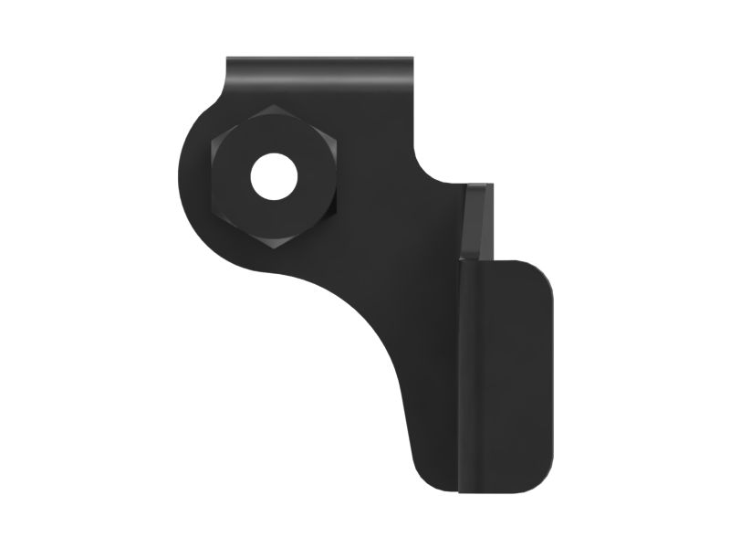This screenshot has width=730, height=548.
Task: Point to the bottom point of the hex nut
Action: [275, 248]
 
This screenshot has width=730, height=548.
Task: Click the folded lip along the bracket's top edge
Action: [319, 69]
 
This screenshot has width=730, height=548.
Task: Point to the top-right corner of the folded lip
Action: [412, 60]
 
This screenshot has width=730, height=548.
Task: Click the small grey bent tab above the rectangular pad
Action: [478, 219]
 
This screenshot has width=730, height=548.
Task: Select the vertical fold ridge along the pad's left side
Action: [462, 374]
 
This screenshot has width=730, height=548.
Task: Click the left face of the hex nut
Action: [228, 177]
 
